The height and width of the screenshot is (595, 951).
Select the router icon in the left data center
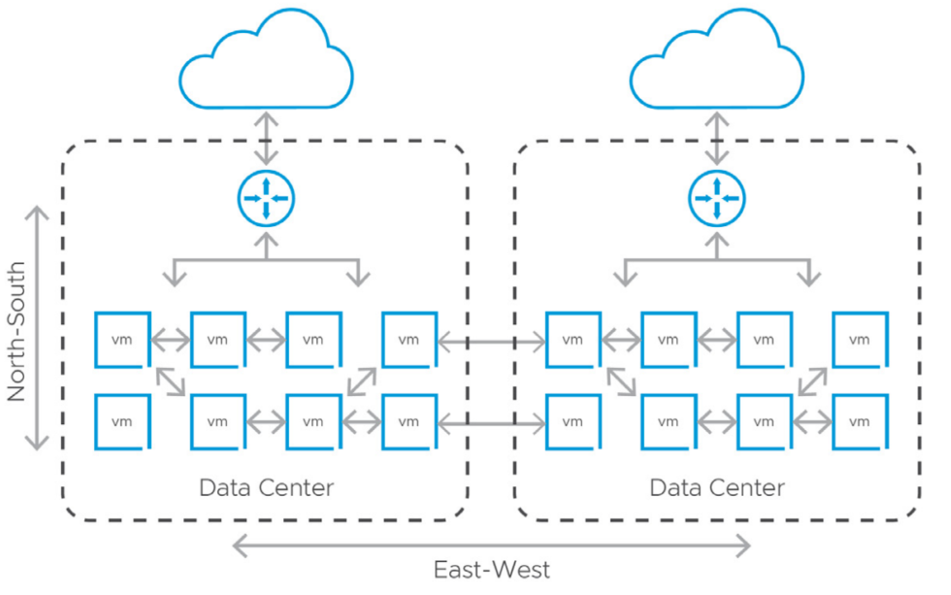(x=266, y=198)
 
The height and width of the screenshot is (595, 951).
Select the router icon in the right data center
(x=716, y=198)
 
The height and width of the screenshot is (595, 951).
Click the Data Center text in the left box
(x=266, y=487)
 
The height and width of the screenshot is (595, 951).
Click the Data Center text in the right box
(x=716, y=487)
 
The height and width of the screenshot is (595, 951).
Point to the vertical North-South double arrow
(x=37, y=328)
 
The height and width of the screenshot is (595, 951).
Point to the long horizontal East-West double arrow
(x=492, y=546)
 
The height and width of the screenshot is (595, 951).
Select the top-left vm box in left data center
(x=122, y=340)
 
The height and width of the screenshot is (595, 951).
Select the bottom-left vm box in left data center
(x=122, y=422)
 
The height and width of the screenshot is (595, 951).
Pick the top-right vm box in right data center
(x=860, y=340)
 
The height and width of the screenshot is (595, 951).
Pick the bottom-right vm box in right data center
(x=860, y=422)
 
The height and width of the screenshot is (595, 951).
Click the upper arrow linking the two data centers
(x=492, y=341)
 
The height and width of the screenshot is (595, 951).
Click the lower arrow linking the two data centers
(x=492, y=422)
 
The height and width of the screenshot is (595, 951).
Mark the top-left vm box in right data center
(x=573, y=340)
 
